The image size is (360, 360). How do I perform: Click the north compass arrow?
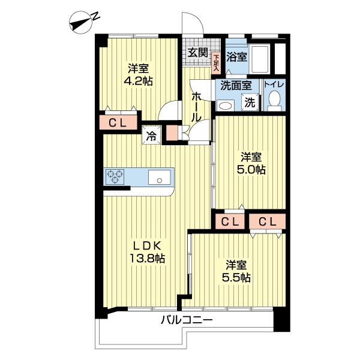[82, 23]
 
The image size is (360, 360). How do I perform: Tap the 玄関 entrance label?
[197, 53]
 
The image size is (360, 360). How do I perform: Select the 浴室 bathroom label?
[237, 58]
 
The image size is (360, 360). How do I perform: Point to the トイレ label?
[274, 85]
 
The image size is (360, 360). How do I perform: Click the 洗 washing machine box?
[249, 102]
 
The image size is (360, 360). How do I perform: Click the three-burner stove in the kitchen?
[115, 177]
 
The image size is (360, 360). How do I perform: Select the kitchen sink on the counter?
[160, 177]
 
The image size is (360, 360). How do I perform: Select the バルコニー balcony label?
[186, 321]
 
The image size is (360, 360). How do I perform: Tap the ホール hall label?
[196, 107]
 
